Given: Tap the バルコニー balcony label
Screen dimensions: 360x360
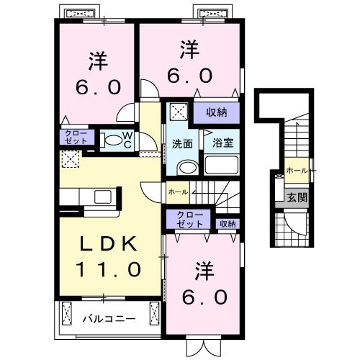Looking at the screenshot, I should [x=107, y=317].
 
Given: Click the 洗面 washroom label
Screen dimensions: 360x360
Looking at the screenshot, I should [x=182, y=143].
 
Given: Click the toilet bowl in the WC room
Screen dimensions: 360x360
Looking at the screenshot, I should [x=112, y=140].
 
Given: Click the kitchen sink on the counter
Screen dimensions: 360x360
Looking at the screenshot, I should [x=102, y=197].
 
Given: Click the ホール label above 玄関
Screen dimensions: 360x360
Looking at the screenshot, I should [x=295, y=170].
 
